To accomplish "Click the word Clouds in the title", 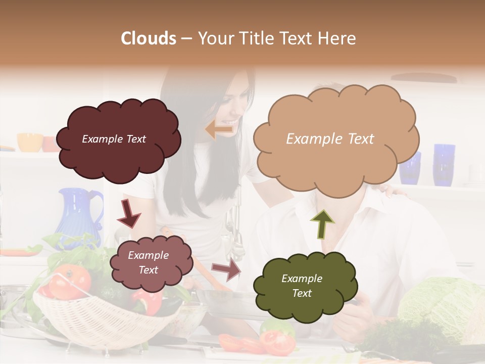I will pyautogui.click(x=149, y=38).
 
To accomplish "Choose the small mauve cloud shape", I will pyautogui.click(x=151, y=263).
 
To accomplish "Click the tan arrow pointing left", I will pyautogui.click(x=219, y=129).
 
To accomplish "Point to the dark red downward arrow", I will pyautogui.click(x=129, y=214).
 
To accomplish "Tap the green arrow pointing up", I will pyautogui.click(x=322, y=224).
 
